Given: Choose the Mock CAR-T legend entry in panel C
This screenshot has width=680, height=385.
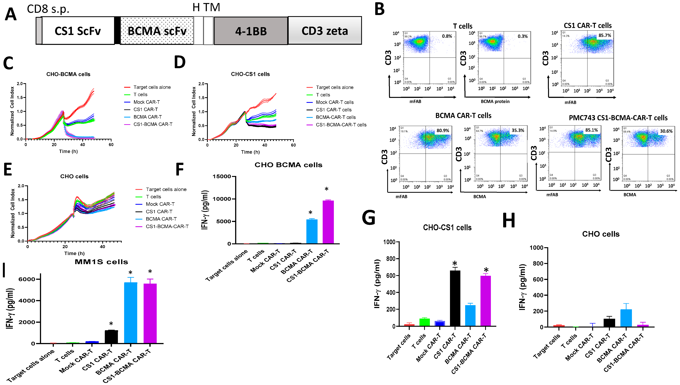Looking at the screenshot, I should (146, 102).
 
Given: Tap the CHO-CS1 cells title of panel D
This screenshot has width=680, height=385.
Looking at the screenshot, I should (250, 74).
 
